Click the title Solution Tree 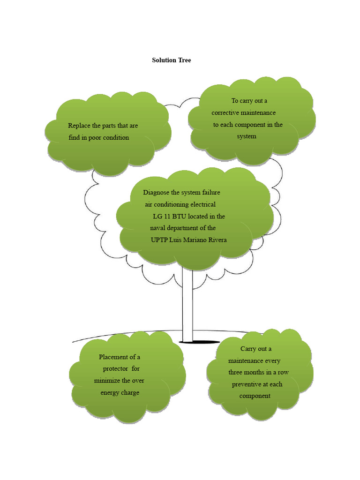click(x=171, y=60)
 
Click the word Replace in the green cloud click(x=78, y=126)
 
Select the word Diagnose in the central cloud click(x=157, y=193)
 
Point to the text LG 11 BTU click(x=169, y=217)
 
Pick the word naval click(x=158, y=228)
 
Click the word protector click(x=116, y=369)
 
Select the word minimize click(x=108, y=381)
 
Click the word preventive click(x=248, y=384)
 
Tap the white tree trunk click(x=187, y=305)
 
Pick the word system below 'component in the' click(x=247, y=136)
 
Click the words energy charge click(x=120, y=392)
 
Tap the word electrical click(x=199, y=204)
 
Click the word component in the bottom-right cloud click(x=255, y=396)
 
